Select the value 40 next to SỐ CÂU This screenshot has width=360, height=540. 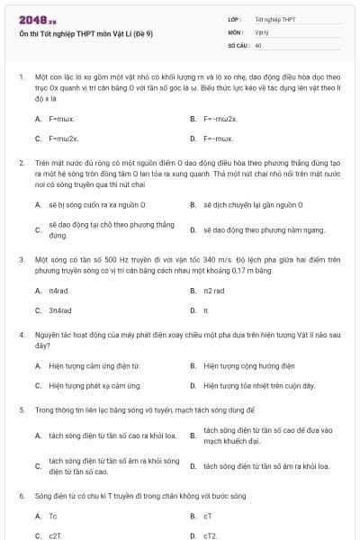(258, 44)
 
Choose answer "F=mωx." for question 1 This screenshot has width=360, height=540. (61, 118)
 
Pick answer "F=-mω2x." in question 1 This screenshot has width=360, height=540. (220, 118)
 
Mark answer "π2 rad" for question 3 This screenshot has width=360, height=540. (214, 290)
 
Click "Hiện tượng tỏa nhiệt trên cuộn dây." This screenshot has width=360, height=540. (259, 386)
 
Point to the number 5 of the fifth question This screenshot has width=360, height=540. (21, 409)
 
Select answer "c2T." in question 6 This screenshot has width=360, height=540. (56, 535)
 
